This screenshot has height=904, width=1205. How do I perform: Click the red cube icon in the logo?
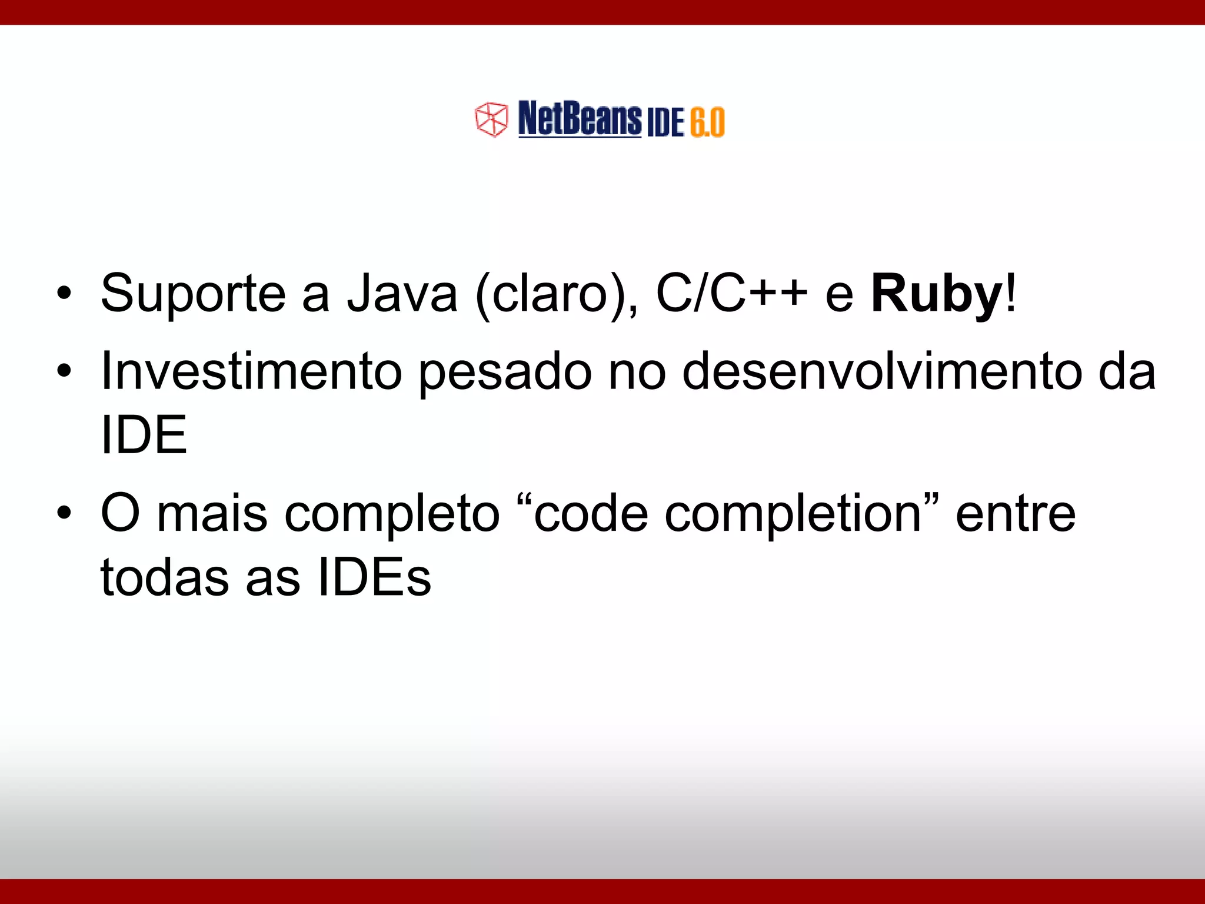[x=491, y=119]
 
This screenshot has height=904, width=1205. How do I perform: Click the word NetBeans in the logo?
[x=580, y=119]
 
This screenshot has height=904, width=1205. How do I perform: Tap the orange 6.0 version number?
[x=707, y=122]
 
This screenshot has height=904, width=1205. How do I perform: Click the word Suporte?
[x=193, y=294]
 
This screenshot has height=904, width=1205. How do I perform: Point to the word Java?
[x=402, y=294]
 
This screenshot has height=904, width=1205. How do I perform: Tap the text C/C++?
[x=731, y=294]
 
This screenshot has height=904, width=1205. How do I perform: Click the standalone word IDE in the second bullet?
[x=144, y=436]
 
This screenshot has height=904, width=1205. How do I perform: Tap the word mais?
[x=212, y=514]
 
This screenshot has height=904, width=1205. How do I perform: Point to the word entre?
[x=1016, y=514]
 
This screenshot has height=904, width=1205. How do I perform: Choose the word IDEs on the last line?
[x=374, y=577]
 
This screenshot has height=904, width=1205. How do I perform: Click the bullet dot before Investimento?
[x=64, y=371]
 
